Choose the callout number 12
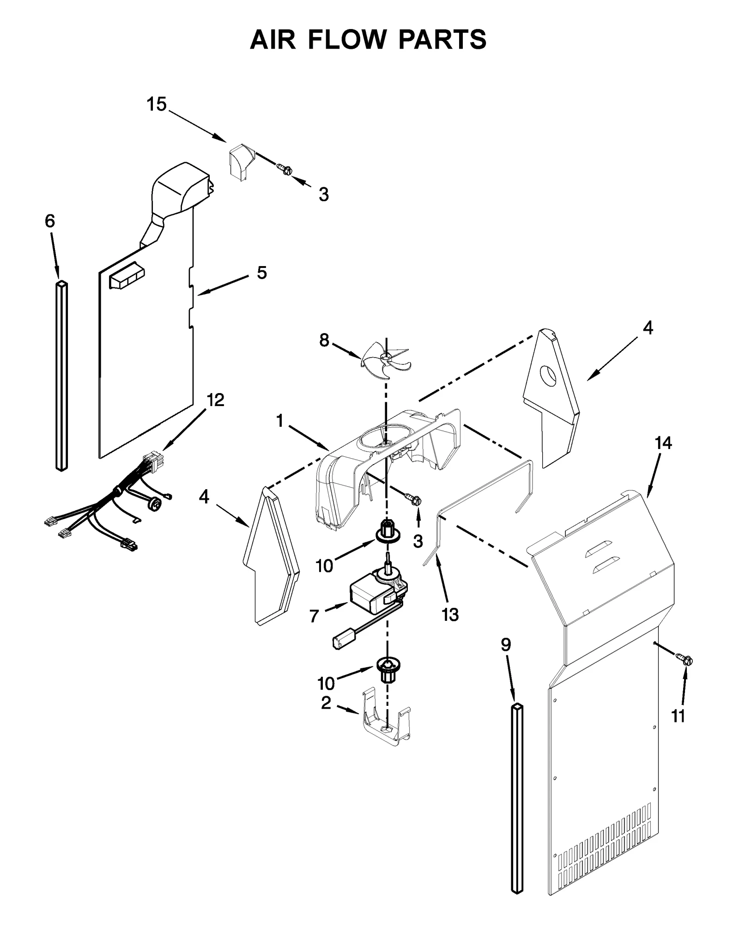tap(215, 400)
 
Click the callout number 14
tap(662, 443)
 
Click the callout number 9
tap(506, 645)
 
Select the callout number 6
tap(50, 221)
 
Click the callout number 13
tap(450, 614)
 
